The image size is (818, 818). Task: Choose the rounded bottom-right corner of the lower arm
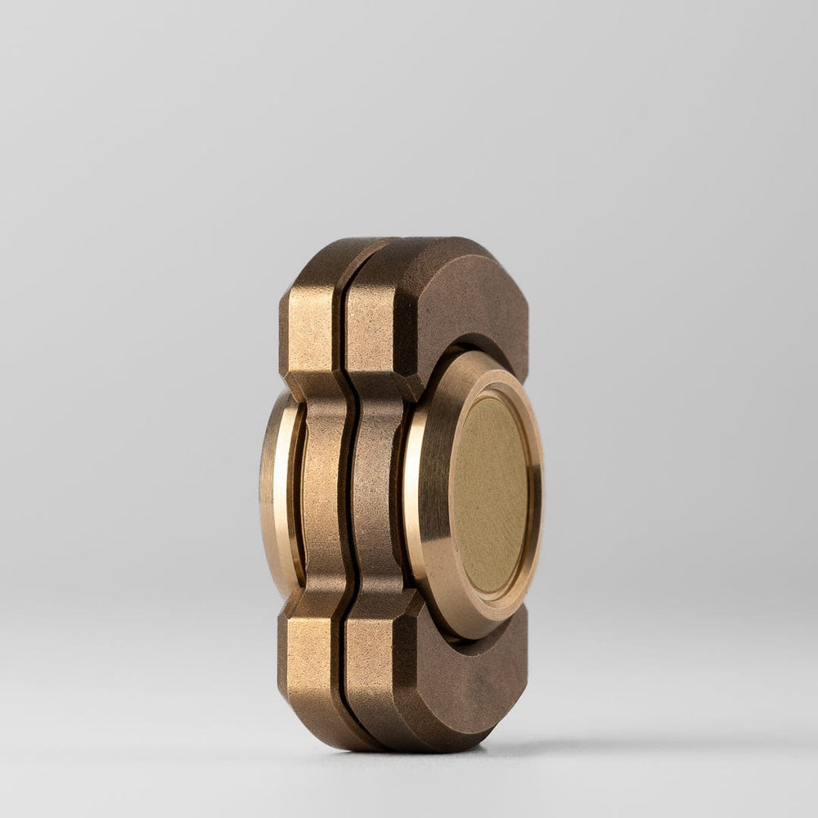point(511,720)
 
